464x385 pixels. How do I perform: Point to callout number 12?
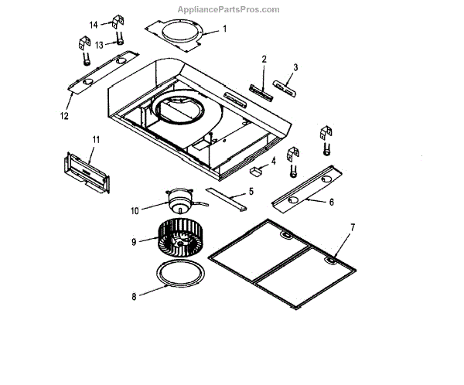[64, 116]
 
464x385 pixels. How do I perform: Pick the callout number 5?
[251, 192]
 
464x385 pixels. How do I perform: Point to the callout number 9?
[134, 242]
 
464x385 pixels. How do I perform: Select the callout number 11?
[97, 139]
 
